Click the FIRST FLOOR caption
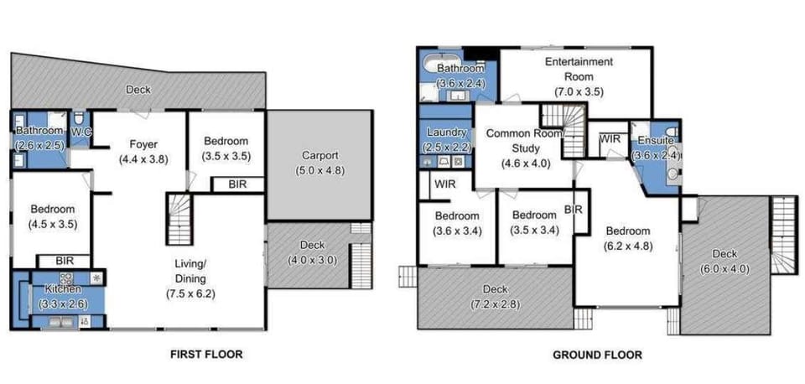coord(206,355)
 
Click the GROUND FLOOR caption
coord(597,355)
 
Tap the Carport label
coord(319,155)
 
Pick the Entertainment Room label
coord(579,69)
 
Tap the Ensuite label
coord(655,140)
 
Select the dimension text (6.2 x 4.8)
coord(628,246)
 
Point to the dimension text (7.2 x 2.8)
coord(495,304)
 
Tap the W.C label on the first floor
coord(80,132)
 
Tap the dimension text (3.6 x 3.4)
coord(457,231)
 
